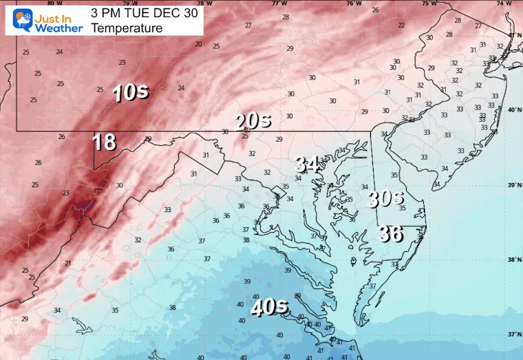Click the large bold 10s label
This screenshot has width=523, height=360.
pyautogui.click(x=131, y=92)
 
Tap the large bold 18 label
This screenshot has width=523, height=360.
pyautogui.click(x=105, y=142)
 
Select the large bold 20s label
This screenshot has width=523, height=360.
pyautogui.click(x=253, y=121)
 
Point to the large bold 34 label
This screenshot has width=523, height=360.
pyautogui.click(x=308, y=164)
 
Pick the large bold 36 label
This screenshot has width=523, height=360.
pyautogui.click(x=391, y=233)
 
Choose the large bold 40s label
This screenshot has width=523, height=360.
pyautogui.click(x=268, y=306)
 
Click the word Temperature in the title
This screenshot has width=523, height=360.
pyautogui.click(x=127, y=28)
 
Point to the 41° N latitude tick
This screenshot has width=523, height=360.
pyautogui.click(x=511, y=34)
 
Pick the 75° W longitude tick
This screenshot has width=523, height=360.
pyautogui.click(x=430, y=3)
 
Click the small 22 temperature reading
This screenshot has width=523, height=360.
pyautogui.click(x=401, y=25)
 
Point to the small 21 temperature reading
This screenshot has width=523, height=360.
pyautogui.click(x=67, y=263)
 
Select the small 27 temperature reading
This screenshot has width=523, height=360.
pyautogui.click(x=248, y=25)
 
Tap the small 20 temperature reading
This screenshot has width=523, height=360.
pyautogui.click(x=198, y=44)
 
